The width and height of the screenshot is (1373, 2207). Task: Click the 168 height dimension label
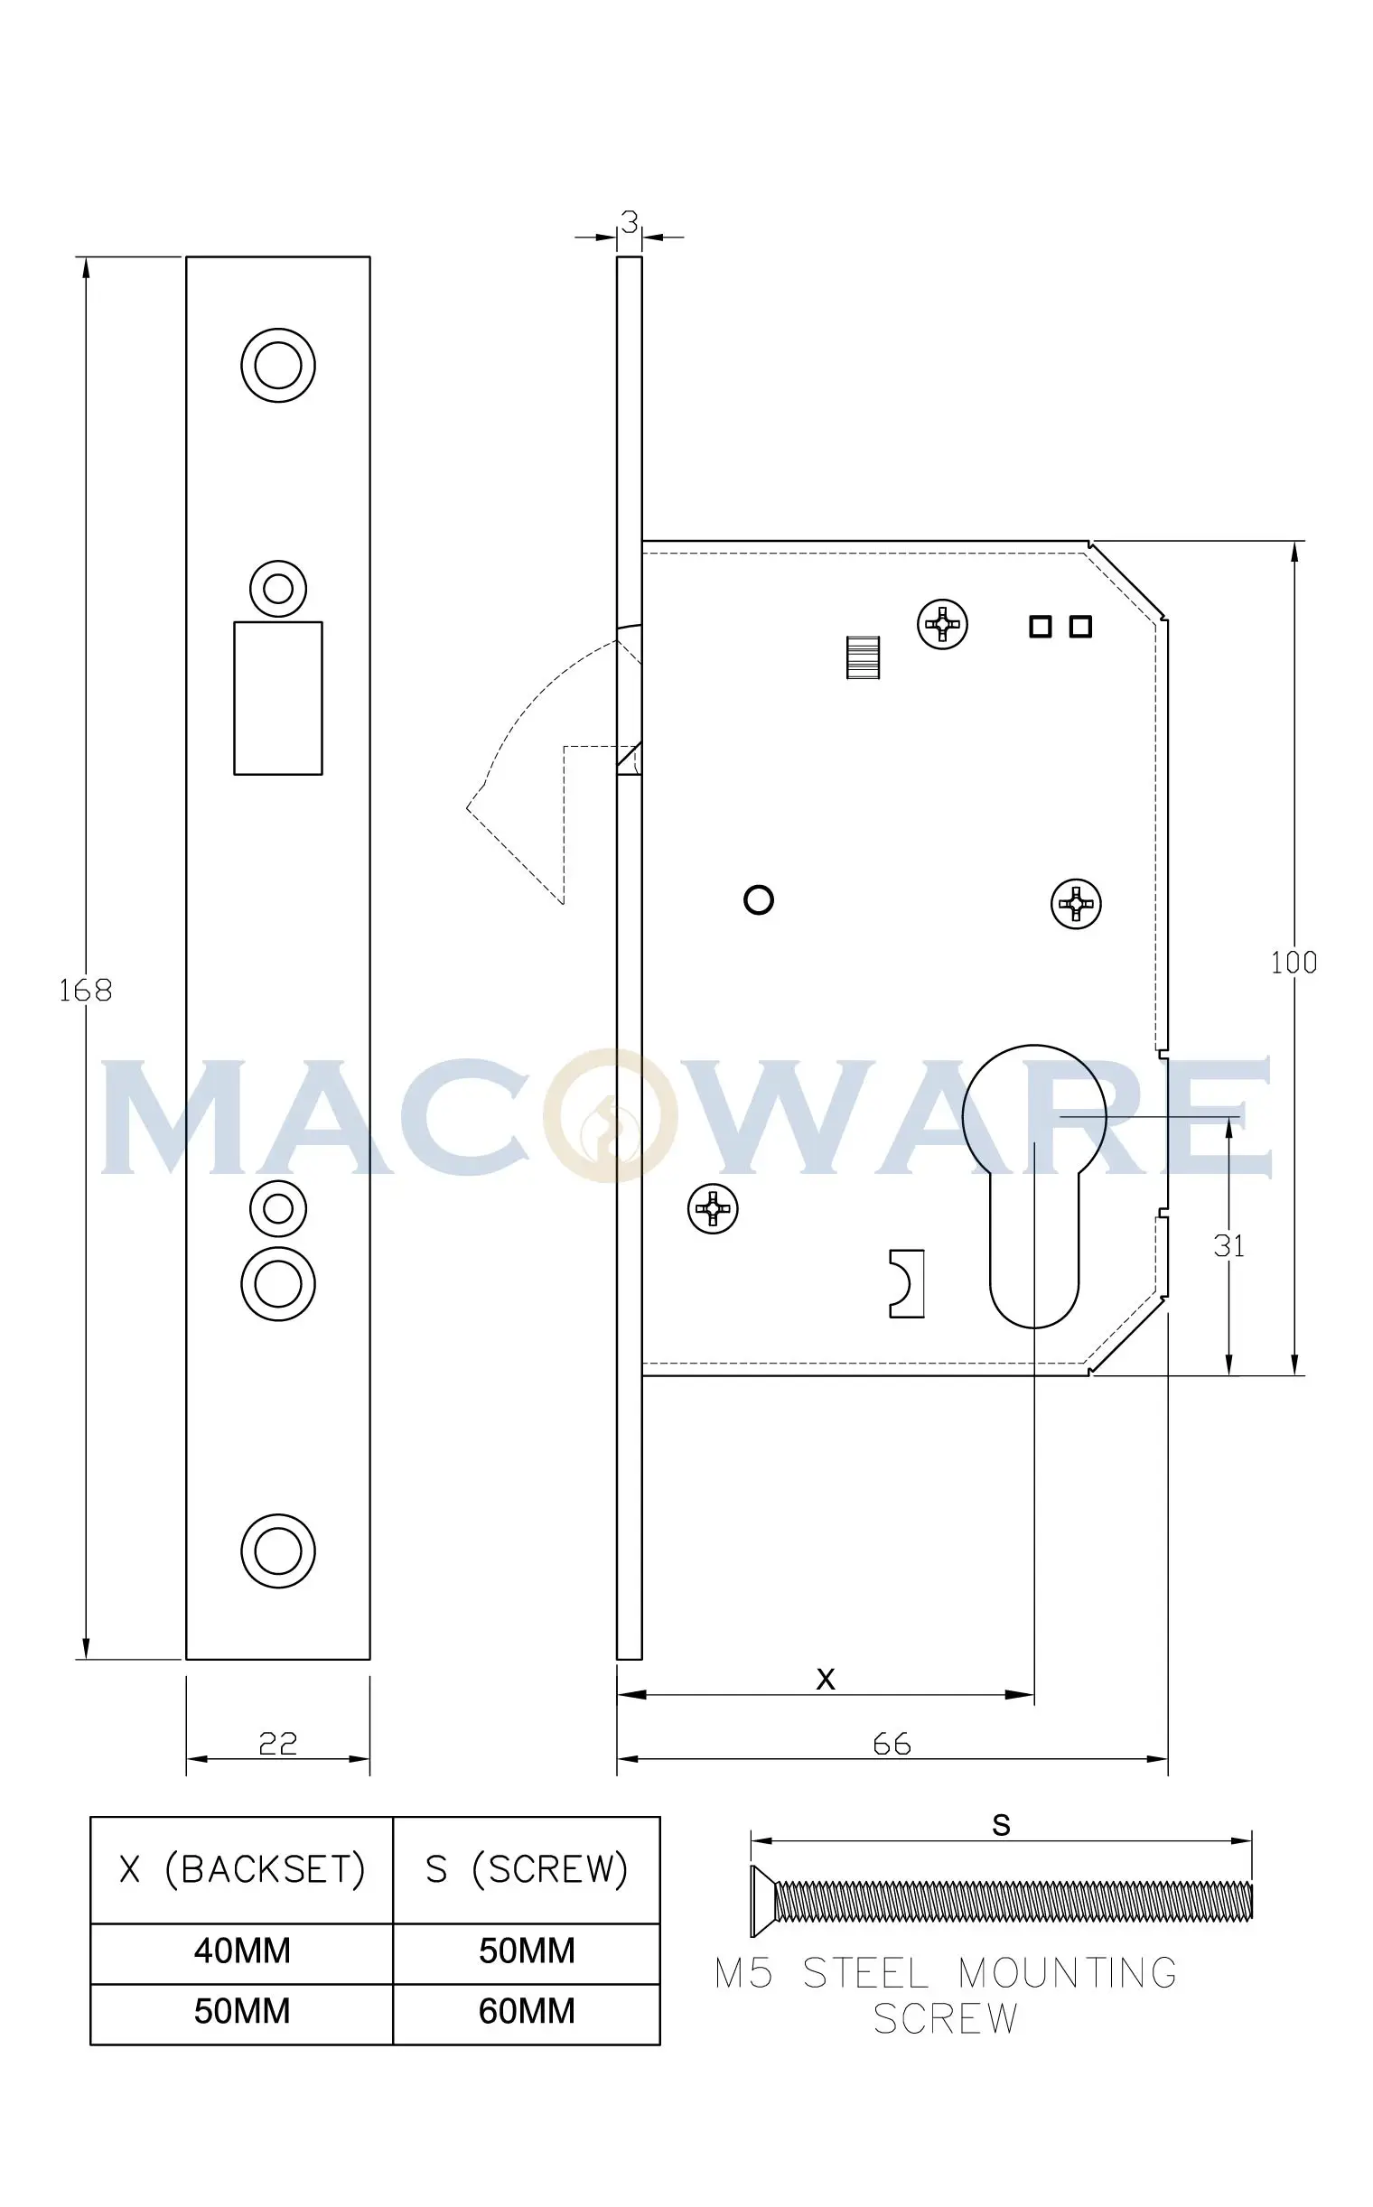85,990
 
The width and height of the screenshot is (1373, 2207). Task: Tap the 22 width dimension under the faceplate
278,1743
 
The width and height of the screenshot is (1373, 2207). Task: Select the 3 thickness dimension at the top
630,220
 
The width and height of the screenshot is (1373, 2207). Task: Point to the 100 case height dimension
1294,963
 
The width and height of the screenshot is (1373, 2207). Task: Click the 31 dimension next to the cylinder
1228,1246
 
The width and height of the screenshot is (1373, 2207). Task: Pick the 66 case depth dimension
892,1744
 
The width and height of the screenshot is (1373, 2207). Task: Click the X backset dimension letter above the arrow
825,1679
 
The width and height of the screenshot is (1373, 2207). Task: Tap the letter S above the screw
1001,1825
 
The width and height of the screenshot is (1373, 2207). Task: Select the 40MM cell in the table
241,1950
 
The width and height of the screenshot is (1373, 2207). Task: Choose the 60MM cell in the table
527,2011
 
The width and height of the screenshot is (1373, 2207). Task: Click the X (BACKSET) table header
241,1869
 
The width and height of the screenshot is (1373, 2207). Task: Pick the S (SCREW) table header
527,1869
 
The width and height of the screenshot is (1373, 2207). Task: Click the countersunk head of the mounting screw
761,1901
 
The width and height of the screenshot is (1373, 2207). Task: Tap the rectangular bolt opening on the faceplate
278,697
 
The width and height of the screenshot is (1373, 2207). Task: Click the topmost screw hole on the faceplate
278,365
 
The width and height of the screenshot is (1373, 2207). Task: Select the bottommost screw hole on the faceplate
278,1550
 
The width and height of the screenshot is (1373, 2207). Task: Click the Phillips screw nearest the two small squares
942,625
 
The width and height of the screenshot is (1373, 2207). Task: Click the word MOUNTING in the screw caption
1067,1974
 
